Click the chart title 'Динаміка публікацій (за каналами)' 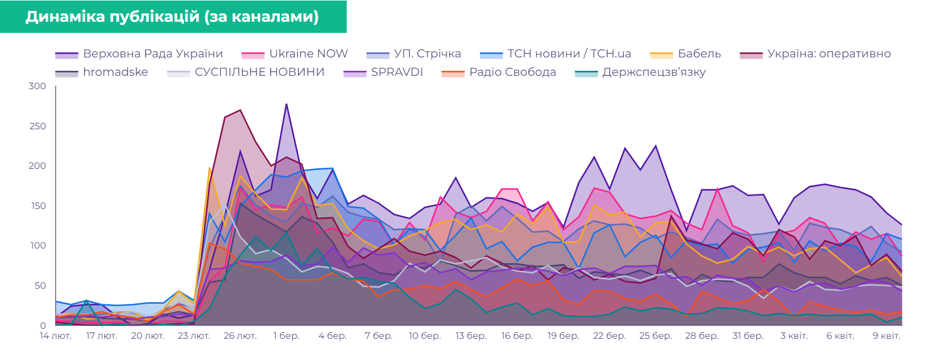point(172,17)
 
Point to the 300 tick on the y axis point(37,86)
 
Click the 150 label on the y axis point(37,206)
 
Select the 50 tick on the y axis point(40,286)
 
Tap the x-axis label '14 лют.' point(56,336)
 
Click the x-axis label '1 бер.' point(287,336)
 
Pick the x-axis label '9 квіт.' point(886,336)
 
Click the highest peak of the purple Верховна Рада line point(287,104)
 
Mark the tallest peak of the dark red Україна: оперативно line point(240,110)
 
